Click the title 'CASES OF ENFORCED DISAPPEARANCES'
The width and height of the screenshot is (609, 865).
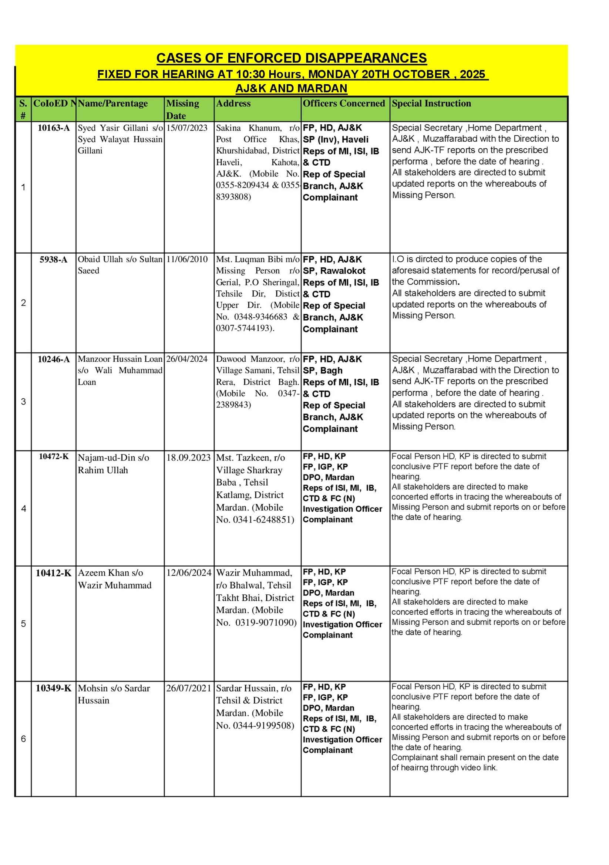tap(291, 58)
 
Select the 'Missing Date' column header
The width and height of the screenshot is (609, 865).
tap(183, 109)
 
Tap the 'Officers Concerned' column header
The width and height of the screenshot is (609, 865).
tap(344, 103)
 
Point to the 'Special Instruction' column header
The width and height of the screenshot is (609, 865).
tap(431, 103)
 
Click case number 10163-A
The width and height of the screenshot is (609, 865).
tap(54, 128)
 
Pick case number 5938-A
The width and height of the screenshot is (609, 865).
tap(54, 260)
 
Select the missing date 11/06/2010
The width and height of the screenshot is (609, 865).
tap(187, 259)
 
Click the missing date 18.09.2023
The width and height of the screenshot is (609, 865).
tap(188, 458)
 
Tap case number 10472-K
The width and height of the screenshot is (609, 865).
tap(54, 457)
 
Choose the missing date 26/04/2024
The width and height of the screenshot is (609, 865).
tap(187, 359)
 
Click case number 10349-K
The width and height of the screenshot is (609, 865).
tap(54, 688)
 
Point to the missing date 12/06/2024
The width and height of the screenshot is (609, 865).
tap(189, 573)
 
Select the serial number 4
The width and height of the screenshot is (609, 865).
tap(23, 509)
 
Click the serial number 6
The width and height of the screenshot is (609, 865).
tap(23, 739)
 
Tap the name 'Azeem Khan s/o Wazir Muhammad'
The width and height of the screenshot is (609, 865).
tap(115, 579)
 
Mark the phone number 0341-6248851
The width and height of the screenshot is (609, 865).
tap(263, 520)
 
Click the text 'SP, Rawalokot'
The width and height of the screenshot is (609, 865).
tap(334, 271)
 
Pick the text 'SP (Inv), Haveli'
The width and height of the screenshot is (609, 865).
tap(336, 139)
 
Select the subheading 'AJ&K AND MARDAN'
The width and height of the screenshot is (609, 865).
tap(291, 88)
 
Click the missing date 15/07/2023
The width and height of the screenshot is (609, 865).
tap(187, 128)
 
